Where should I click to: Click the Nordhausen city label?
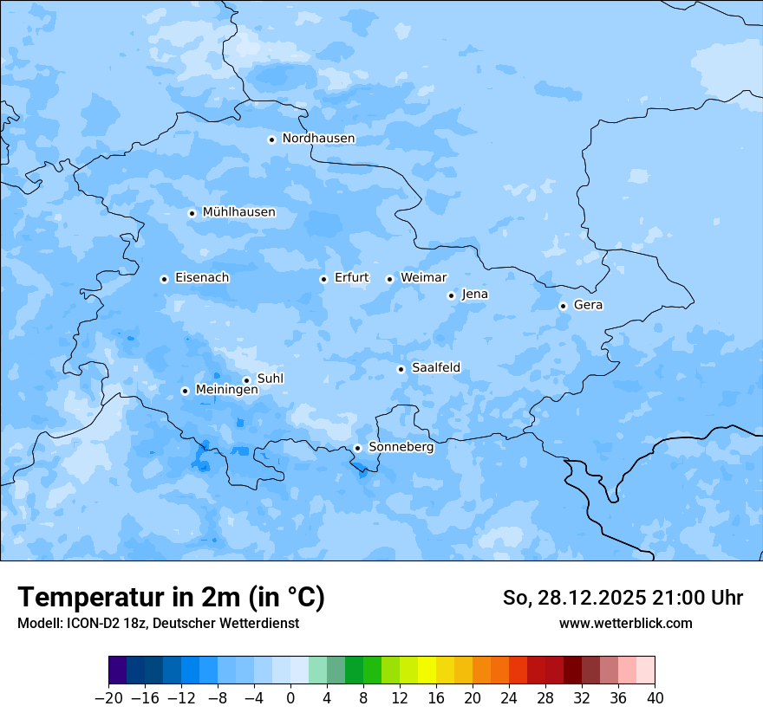click(x=318, y=139)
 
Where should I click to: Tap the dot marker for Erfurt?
click(x=323, y=279)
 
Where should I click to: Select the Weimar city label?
click(x=423, y=277)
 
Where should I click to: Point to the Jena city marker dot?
click(x=451, y=295)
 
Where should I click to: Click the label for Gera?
click(x=588, y=305)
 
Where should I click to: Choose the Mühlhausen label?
click(x=238, y=212)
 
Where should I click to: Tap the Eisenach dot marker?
click(x=164, y=279)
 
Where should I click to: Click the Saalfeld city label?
click(x=435, y=368)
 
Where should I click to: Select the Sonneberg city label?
click(x=401, y=447)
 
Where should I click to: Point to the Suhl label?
click(x=271, y=379)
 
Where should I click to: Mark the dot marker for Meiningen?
click(x=185, y=391)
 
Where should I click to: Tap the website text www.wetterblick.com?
click(x=625, y=624)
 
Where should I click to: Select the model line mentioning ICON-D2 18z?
click(x=158, y=624)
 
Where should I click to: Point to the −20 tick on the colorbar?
click(x=109, y=698)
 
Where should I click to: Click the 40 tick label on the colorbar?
click(x=655, y=698)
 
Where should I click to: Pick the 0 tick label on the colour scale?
click(x=290, y=698)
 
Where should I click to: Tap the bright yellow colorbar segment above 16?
click(x=427, y=670)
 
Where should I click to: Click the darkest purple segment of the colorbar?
click(x=118, y=670)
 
